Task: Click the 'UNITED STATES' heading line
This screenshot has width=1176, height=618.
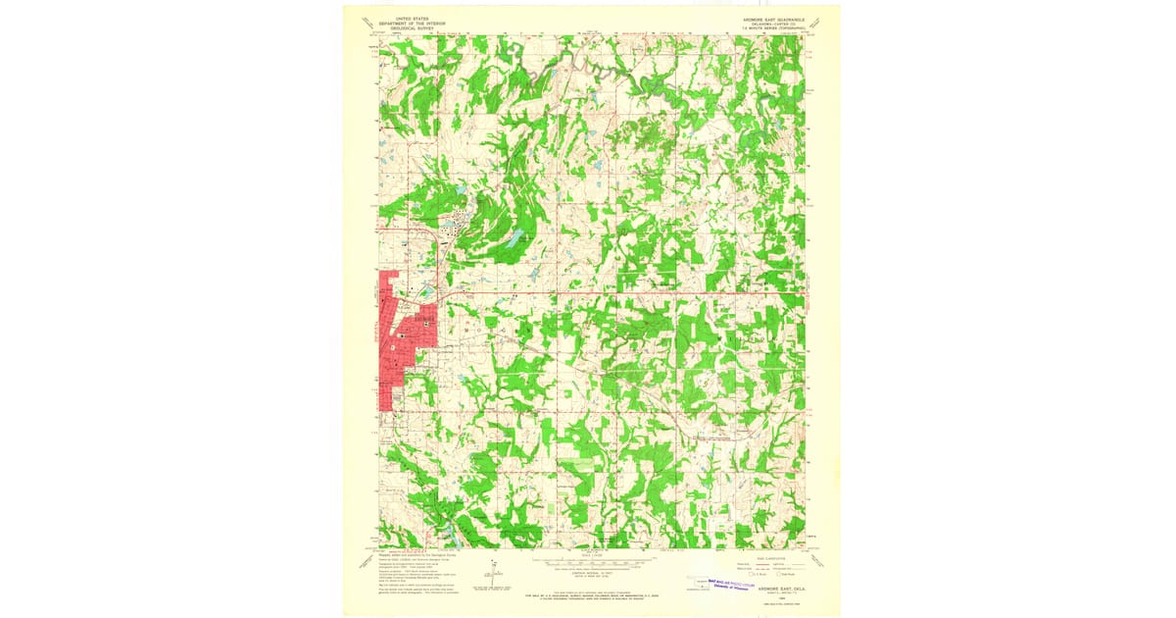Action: point(409,18)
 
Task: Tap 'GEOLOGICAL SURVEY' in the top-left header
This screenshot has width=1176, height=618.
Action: point(409,28)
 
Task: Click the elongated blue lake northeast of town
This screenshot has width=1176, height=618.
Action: point(514,239)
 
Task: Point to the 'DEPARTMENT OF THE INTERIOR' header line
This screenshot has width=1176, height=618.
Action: point(409,23)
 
